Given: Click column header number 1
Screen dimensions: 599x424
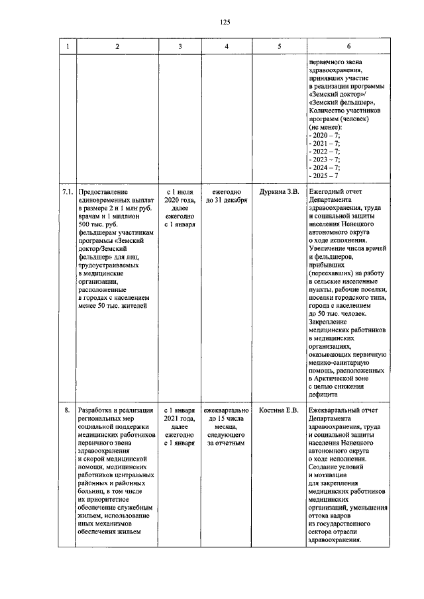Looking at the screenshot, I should pyautogui.click(x=66, y=46).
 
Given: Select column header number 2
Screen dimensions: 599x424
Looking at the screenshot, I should pyautogui.click(x=117, y=46).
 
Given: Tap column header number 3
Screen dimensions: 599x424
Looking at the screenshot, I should pyautogui.click(x=180, y=46).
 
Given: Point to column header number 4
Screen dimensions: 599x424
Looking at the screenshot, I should pyautogui.click(x=227, y=46).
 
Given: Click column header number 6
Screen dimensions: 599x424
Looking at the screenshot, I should pyautogui.click(x=348, y=46).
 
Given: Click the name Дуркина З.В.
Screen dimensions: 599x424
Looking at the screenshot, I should pyautogui.click(x=279, y=192).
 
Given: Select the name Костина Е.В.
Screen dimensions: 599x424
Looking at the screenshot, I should pyautogui.click(x=279, y=411).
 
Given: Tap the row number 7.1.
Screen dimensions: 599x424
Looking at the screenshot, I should pyautogui.click(x=66, y=192).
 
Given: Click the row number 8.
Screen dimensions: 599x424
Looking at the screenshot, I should pyautogui.click(x=66, y=411).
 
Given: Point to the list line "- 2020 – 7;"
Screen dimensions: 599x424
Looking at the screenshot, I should pyautogui.click(x=325, y=134).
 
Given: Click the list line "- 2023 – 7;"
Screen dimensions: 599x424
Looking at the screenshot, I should pyautogui.click(x=325, y=159).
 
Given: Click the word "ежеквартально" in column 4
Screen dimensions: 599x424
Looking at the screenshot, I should pyautogui.click(x=227, y=411).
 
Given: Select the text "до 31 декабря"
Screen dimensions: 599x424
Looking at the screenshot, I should pyautogui.click(x=227, y=200).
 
